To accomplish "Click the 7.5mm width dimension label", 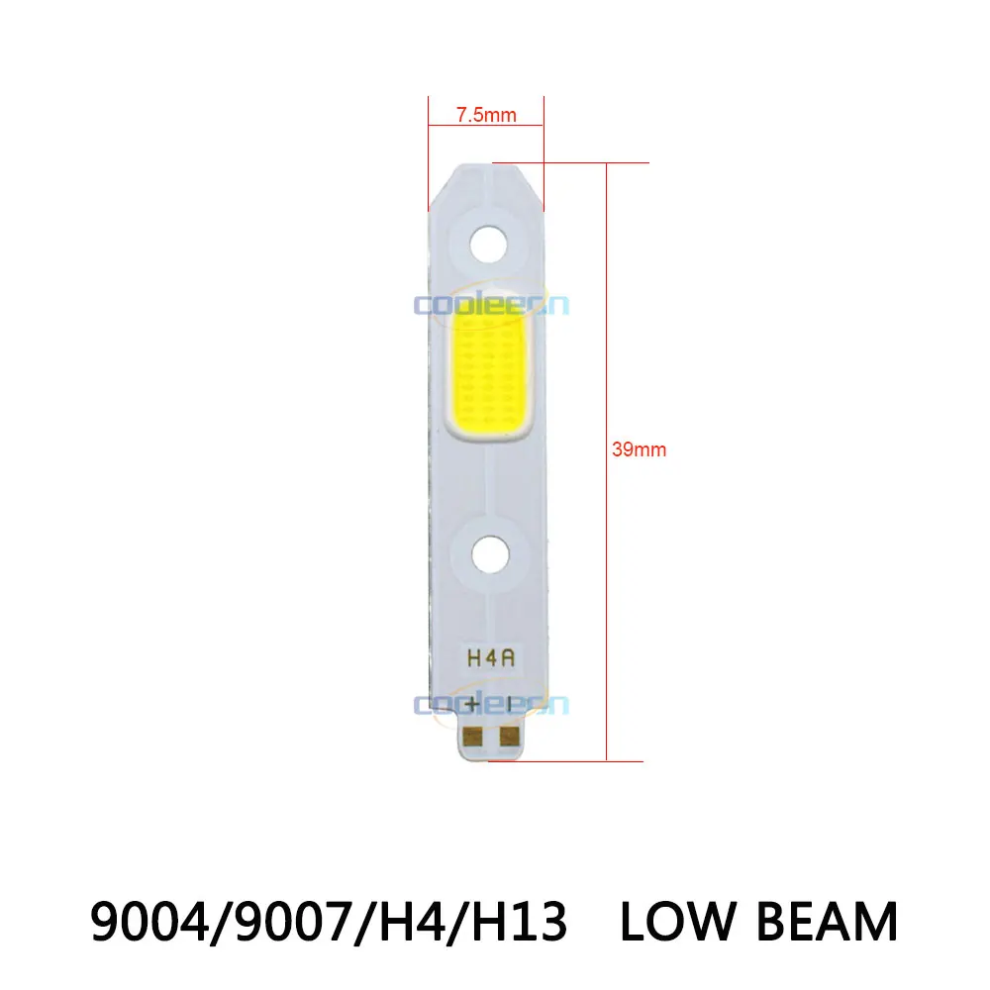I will tap(486, 114).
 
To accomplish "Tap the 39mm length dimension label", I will tap(642, 449).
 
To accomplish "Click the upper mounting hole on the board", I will tap(487, 243).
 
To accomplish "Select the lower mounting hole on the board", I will tap(487, 554).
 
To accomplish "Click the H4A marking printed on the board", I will tap(487, 656).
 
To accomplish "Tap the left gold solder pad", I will tap(473, 736).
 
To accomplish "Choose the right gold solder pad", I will tap(509, 736).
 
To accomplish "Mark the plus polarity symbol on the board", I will tap(473, 705).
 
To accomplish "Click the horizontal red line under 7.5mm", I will tap(486, 126).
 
